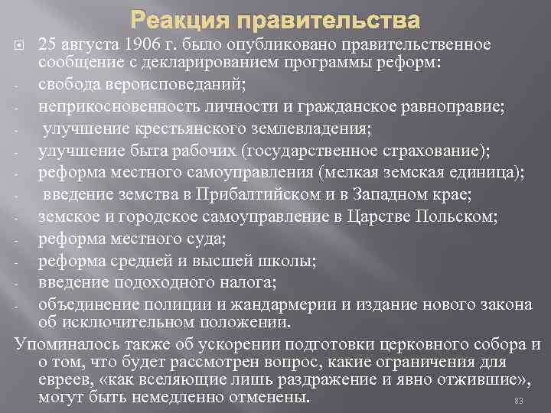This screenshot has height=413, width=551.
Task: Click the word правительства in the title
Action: pos(319,17)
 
